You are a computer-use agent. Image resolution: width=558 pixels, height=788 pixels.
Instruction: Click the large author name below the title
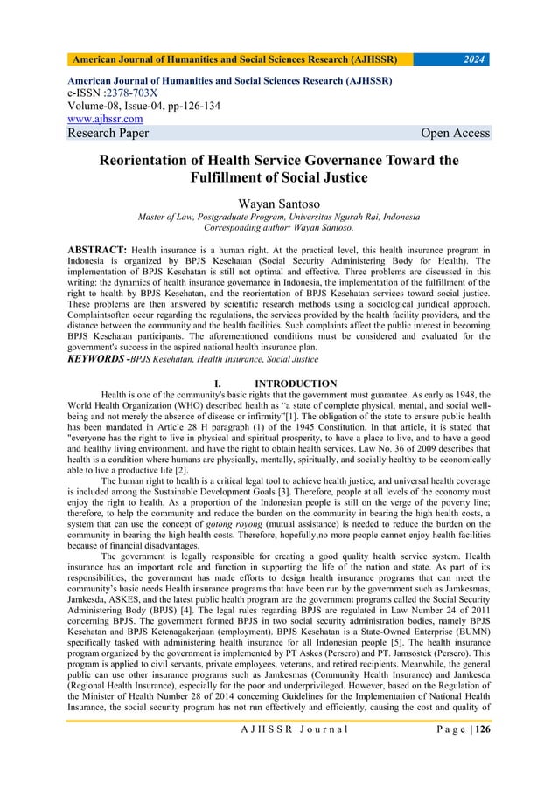[x=278, y=203]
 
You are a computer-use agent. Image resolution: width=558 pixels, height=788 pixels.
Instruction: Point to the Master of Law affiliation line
[x=278, y=217]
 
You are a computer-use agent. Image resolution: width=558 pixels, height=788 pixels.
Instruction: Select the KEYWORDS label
[x=97, y=359]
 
